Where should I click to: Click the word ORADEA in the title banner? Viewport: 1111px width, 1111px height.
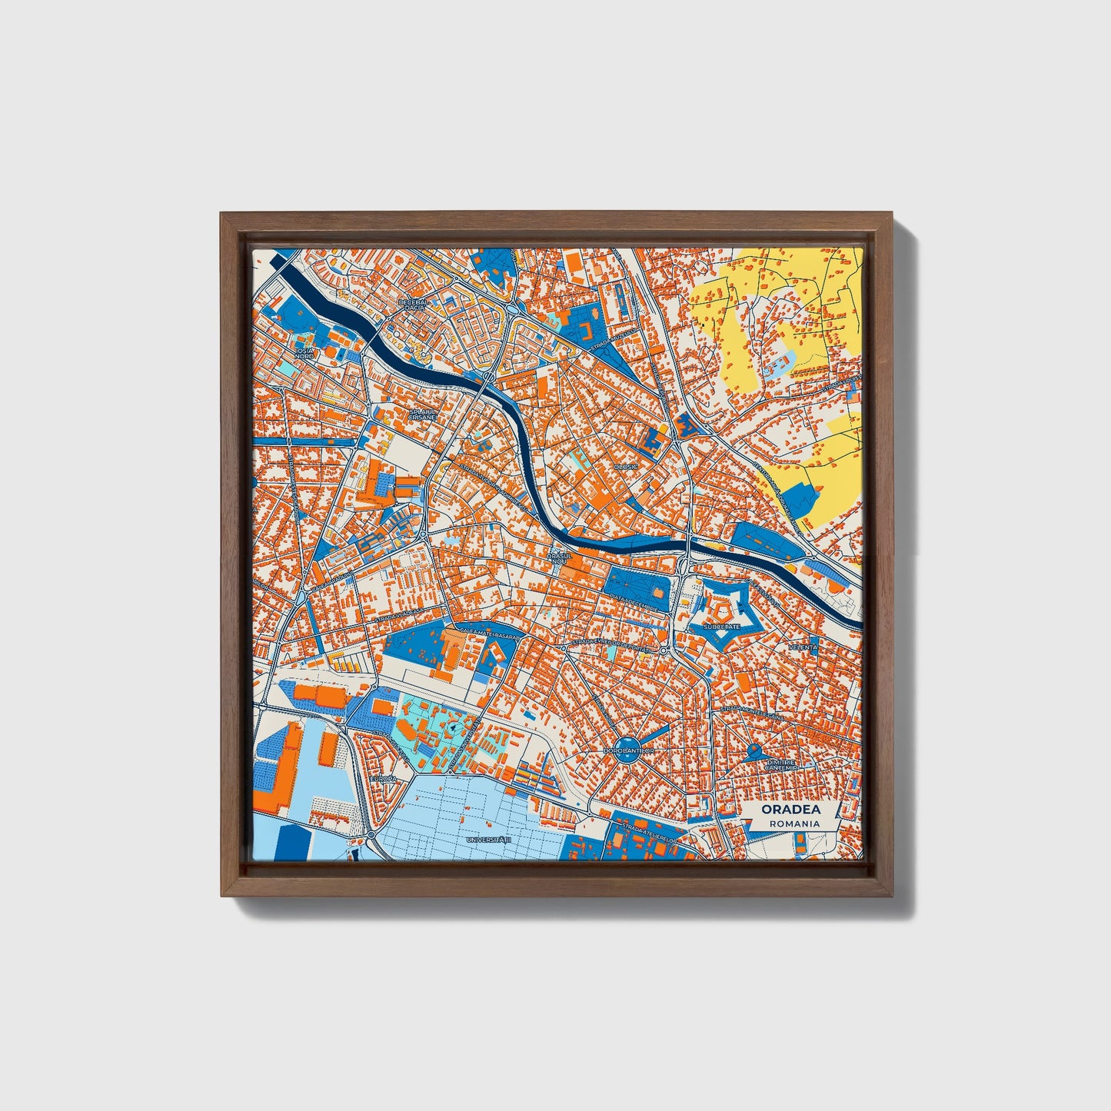coord(790,809)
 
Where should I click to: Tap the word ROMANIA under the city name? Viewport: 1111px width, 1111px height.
coord(790,823)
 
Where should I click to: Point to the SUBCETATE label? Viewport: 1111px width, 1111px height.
coord(721,627)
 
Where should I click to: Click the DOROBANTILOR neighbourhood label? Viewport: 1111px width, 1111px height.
coord(629,750)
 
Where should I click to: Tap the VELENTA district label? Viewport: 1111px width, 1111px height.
coord(803,648)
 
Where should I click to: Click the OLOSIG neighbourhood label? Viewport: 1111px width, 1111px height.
coord(626,467)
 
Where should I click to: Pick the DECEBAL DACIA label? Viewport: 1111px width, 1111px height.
coord(411,305)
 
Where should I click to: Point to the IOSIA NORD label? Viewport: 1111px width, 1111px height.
coord(304,353)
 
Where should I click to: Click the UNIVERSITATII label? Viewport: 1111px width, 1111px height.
coord(488,840)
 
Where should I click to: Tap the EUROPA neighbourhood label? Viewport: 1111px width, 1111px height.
coord(383,778)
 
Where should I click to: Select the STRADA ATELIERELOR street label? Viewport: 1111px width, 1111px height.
coord(650,833)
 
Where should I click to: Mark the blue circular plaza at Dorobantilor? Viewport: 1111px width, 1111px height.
coord(630,750)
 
